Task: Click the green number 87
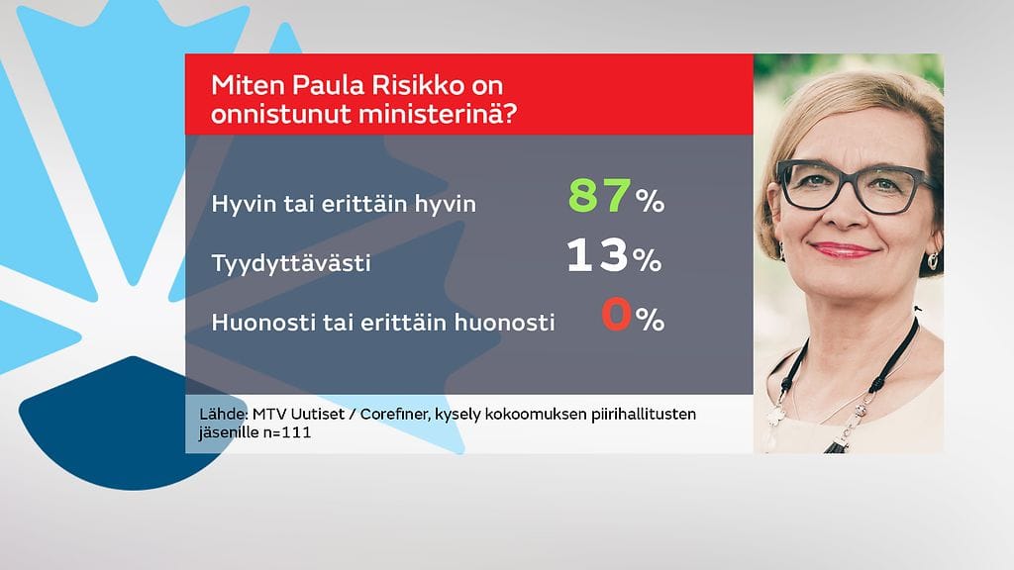click(x=599, y=196)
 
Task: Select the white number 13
click(x=598, y=256)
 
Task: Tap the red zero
click(x=616, y=318)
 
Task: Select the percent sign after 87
click(x=650, y=202)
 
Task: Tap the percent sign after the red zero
click(x=650, y=320)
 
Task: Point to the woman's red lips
click(x=843, y=250)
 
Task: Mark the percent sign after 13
click(x=647, y=261)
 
